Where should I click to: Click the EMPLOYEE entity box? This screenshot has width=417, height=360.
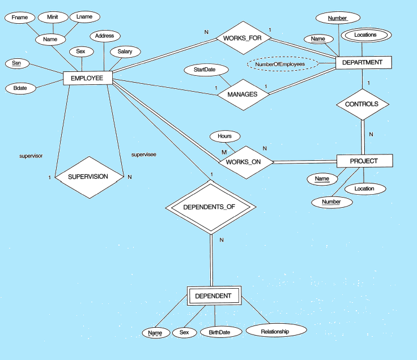click(87, 78)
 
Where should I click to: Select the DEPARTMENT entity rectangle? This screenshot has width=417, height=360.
click(363, 62)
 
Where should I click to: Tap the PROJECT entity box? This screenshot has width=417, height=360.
click(363, 161)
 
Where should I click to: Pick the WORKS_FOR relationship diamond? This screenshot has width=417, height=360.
click(242, 38)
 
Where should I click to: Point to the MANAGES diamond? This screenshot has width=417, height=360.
click(242, 95)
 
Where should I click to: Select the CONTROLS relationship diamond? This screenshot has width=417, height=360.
click(362, 105)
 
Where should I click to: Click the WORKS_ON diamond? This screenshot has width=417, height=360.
click(243, 162)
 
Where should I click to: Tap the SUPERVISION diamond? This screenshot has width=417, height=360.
click(88, 177)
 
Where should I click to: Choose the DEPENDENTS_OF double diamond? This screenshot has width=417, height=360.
click(209, 207)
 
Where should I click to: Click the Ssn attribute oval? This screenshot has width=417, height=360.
click(17, 63)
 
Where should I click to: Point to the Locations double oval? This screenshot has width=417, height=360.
click(365, 35)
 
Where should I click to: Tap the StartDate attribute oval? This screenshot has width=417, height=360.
click(206, 70)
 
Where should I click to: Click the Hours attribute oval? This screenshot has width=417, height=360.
click(224, 136)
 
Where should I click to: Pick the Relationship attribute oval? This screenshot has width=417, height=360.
click(275, 332)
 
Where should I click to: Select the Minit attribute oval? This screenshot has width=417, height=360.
click(53, 17)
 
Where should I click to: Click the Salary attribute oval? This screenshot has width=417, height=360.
click(125, 52)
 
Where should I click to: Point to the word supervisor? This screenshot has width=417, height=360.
click(31, 155)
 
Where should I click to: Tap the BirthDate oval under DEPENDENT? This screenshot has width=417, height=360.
click(219, 332)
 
